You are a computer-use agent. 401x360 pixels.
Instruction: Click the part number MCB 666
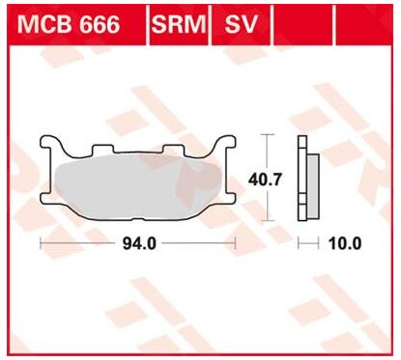click(69, 24)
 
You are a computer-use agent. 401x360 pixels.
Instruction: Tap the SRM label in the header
click(179, 24)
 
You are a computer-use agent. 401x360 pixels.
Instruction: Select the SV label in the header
click(242, 24)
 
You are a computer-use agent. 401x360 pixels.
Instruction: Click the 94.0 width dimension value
click(139, 243)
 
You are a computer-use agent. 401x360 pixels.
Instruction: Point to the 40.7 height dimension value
click(265, 180)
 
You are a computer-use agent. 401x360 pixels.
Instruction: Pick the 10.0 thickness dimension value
click(345, 243)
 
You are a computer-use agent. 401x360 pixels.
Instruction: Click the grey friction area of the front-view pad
click(138, 187)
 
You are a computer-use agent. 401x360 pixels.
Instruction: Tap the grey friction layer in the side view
click(314, 186)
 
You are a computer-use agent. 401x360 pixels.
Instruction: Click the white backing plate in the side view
click(302, 179)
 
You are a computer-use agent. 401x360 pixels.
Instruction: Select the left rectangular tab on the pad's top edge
click(103, 149)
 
